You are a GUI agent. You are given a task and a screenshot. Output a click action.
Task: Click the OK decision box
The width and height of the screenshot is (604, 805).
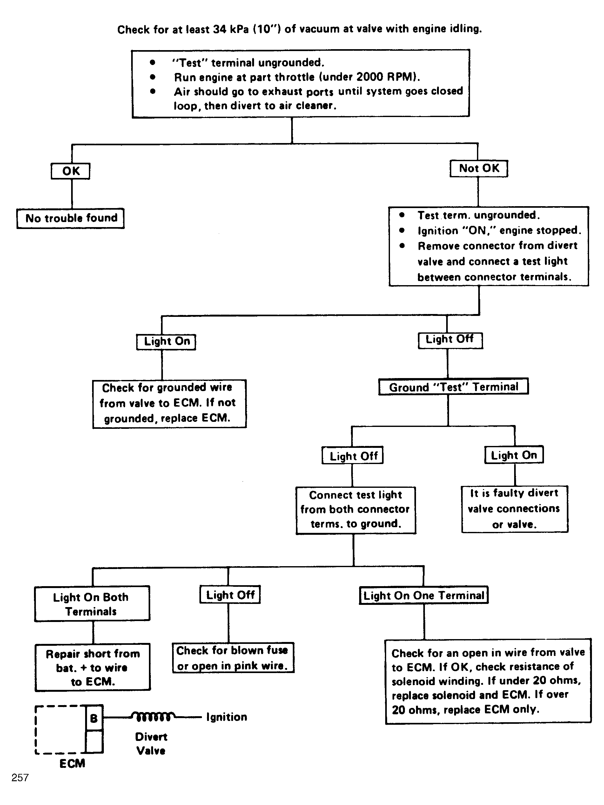pyautogui.click(x=70, y=171)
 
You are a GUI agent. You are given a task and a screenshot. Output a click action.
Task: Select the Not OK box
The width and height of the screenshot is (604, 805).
pyautogui.click(x=479, y=168)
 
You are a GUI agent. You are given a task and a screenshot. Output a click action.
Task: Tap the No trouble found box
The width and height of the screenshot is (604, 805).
pyautogui.click(x=71, y=218)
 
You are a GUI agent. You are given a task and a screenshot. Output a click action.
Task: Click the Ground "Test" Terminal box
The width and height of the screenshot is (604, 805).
pyautogui.click(x=453, y=387)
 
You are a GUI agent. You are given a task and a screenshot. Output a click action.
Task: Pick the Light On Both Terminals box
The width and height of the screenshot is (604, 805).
pyautogui.click(x=92, y=604)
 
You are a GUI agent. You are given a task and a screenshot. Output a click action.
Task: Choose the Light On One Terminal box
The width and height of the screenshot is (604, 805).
pyautogui.click(x=424, y=595)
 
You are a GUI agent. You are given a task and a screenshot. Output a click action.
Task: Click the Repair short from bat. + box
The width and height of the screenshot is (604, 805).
pyautogui.click(x=92, y=667)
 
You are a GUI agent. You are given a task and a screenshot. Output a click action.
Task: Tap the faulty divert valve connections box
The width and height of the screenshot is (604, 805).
pyautogui.click(x=515, y=509)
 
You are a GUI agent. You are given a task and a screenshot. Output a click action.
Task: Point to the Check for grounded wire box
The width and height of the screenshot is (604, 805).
pyautogui.click(x=169, y=403)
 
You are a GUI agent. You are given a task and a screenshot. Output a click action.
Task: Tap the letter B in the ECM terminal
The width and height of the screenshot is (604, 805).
pyautogui.click(x=94, y=718)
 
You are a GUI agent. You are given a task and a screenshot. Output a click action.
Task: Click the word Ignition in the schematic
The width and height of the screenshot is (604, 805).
pyautogui.click(x=227, y=717)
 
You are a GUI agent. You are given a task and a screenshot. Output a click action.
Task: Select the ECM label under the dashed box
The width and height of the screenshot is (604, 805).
pyautogui.click(x=72, y=763)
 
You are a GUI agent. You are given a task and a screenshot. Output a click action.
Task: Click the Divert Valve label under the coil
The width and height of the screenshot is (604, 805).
pyautogui.click(x=151, y=743)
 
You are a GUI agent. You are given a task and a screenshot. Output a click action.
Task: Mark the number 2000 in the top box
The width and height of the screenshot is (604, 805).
pyautogui.click(x=370, y=77)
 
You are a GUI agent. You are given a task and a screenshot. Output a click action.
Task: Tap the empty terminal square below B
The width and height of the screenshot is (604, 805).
pyautogui.click(x=94, y=741)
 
